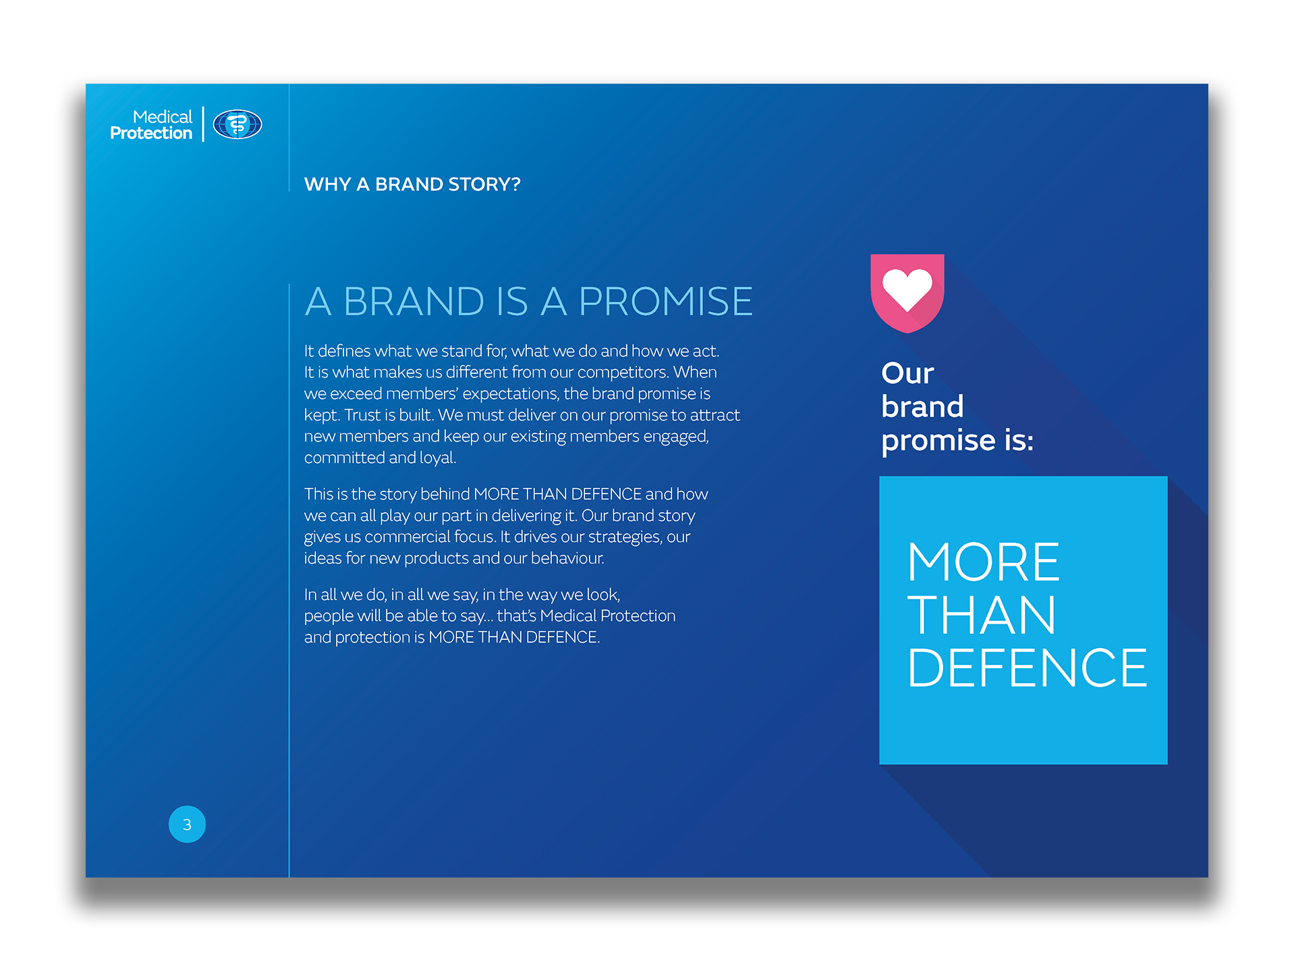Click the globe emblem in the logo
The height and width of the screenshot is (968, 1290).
pos(237,124)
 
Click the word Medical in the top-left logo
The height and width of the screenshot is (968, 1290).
pos(163,117)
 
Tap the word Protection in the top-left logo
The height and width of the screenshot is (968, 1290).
pos(151,133)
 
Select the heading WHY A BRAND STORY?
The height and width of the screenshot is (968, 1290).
pos(412,184)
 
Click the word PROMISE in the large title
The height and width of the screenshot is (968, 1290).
pos(665,301)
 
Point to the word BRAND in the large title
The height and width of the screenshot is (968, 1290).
pos(414,301)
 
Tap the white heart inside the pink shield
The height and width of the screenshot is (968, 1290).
pos(907,289)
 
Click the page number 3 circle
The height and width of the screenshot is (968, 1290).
pos(187,824)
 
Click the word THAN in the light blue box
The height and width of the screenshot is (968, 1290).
pos(982,615)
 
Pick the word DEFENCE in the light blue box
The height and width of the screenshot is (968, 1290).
pos(1027,668)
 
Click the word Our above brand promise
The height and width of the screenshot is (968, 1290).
pos(907,373)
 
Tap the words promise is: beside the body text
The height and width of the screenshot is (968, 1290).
pos(957,441)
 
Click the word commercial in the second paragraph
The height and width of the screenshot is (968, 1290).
pos(408,537)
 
